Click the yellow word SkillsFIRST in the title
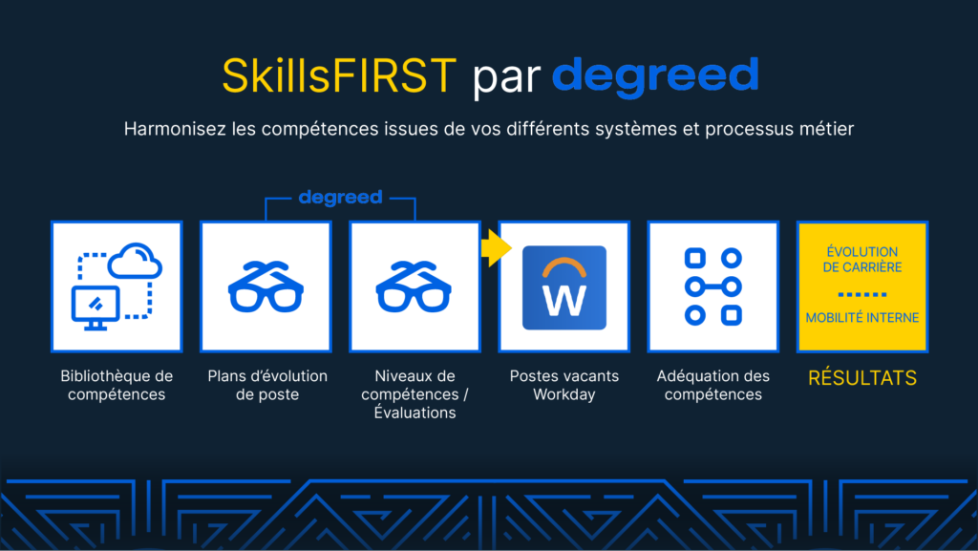tap(339, 75)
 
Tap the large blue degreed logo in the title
tap(655, 76)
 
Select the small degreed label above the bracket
tap(340, 198)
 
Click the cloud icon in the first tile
tap(135, 260)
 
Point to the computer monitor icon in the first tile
tap(96, 307)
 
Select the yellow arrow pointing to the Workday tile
tap(496, 248)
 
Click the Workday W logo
tap(564, 287)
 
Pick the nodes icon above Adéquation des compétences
tap(712, 286)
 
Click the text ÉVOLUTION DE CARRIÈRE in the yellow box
tap(862, 260)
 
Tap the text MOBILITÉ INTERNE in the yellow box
tap(862, 317)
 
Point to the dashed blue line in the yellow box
tap(862, 294)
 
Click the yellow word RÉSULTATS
tap(862, 378)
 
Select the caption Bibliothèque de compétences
tap(117, 385)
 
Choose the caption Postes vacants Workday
tap(563, 385)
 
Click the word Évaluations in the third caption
tap(415, 412)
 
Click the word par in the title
tap(506, 78)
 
